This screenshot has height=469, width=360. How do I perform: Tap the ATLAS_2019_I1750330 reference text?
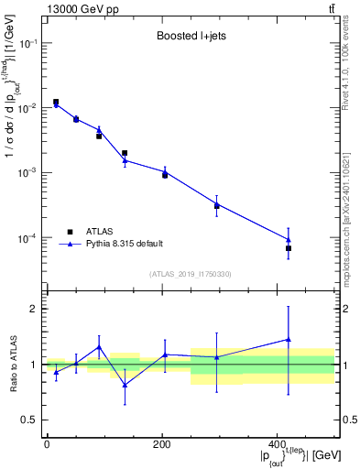pyautogui.click(x=191, y=274)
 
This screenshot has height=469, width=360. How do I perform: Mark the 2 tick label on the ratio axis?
pyautogui.click(x=33, y=309)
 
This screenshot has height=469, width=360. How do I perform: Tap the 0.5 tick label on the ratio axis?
pyautogui.click(x=29, y=420)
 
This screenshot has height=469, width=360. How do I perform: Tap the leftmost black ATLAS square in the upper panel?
pyautogui.click(x=56, y=102)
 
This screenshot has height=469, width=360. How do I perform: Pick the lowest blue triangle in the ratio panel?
pyautogui.click(x=125, y=385)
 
